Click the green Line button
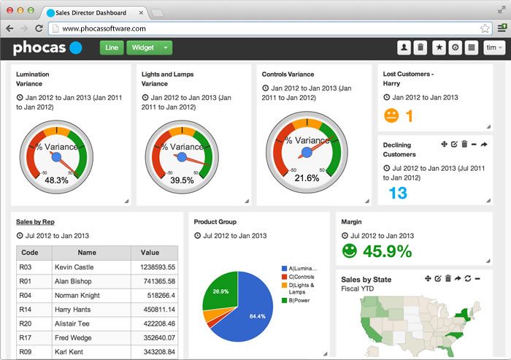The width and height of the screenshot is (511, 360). [112, 47]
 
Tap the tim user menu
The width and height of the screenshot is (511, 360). [493, 47]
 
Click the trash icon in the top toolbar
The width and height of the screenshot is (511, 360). [420, 47]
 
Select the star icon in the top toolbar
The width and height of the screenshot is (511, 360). [439, 47]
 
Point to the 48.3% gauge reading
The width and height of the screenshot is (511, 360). [56, 180]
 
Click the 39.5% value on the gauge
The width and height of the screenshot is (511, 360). [182, 180]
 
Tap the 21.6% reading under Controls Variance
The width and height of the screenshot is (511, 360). [307, 177]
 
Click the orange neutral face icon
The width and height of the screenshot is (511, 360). [392, 115]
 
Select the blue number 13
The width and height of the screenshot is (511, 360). [398, 193]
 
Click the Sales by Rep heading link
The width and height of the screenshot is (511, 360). [35, 221]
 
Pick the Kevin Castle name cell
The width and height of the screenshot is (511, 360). [74, 267]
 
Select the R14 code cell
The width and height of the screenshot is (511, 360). [25, 310]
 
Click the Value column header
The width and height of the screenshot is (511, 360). [150, 253]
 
